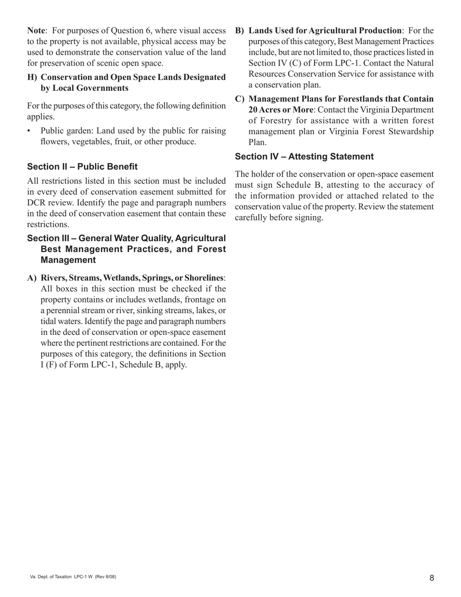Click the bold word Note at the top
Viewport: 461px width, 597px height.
tap(36, 31)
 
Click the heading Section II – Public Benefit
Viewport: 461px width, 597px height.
tap(82, 166)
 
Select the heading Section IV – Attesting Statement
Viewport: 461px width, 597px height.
tap(304, 156)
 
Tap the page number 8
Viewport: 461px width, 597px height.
tap(431, 578)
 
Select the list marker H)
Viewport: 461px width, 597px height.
tap(32, 77)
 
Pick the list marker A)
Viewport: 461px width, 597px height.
tap(32, 278)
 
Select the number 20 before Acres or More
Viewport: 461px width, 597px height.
tap(253, 110)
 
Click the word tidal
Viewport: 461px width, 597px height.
tap(49, 321)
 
